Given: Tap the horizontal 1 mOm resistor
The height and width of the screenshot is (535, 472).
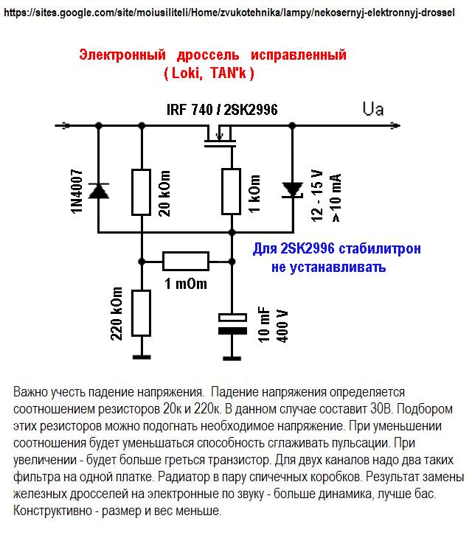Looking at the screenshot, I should click(186, 261).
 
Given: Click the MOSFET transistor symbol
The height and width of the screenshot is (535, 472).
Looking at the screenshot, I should click(220, 135).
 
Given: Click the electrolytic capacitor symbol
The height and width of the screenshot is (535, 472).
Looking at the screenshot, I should click(232, 325).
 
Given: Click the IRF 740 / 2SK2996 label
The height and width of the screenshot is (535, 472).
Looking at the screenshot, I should click(222, 110).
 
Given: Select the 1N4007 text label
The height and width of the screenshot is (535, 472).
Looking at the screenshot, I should click(77, 191).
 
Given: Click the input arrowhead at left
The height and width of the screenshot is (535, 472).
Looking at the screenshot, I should click(67, 125).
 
